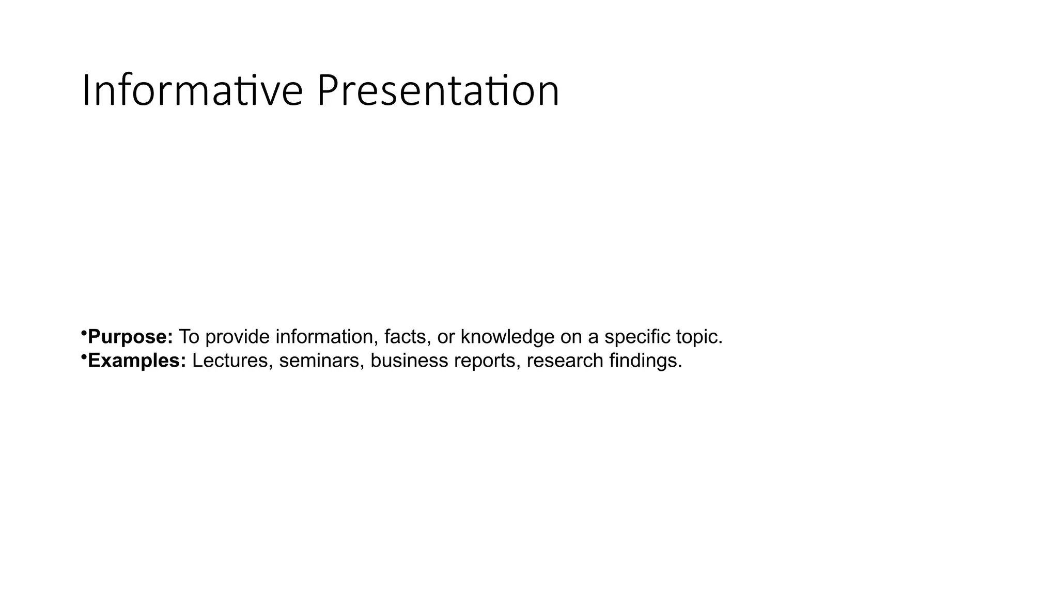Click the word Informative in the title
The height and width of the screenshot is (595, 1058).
click(x=192, y=91)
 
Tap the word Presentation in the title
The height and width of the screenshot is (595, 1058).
click(x=438, y=91)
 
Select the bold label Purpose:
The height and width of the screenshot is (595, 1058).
click(x=130, y=337)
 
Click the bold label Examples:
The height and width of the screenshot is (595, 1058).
click(x=137, y=361)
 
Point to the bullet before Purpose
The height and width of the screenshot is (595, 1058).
click(x=83, y=332)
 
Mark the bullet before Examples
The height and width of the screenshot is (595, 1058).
click(x=83, y=356)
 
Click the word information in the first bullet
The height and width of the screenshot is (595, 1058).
click(x=324, y=337)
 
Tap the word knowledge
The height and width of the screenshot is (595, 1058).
click(x=507, y=337)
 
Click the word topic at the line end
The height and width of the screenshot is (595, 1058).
click(x=698, y=337)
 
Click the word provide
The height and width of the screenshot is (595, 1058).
click(x=237, y=337)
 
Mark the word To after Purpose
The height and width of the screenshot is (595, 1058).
click(x=189, y=337)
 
